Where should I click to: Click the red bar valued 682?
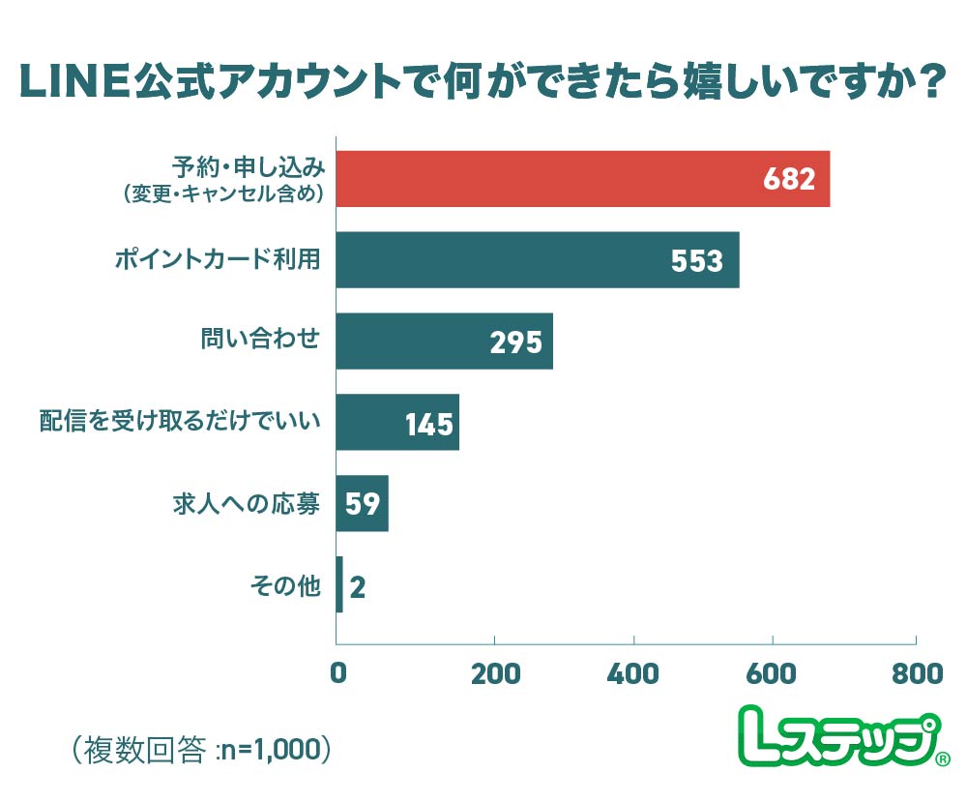[x=582, y=179]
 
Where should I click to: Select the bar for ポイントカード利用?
[x=537, y=260]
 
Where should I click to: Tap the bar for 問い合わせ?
[x=444, y=342]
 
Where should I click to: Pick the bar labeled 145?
[x=396, y=423]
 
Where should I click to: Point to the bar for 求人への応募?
[x=362, y=503]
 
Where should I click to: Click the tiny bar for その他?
[x=339, y=584]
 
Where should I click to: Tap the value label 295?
[x=515, y=342]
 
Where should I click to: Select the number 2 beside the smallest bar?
[x=357, y=586]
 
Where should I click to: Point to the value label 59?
[x=362, y=504]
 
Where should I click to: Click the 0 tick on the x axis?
[x=337, y=674]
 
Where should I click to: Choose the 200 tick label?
[x=494, y=674]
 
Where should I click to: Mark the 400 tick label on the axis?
[x=633, y=674]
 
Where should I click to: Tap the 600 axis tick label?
[x=774, y=674]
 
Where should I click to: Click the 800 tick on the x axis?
[x=914, y=674]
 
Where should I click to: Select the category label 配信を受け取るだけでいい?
[x=179, y=422]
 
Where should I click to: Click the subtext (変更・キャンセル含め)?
[x=221, y=193]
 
